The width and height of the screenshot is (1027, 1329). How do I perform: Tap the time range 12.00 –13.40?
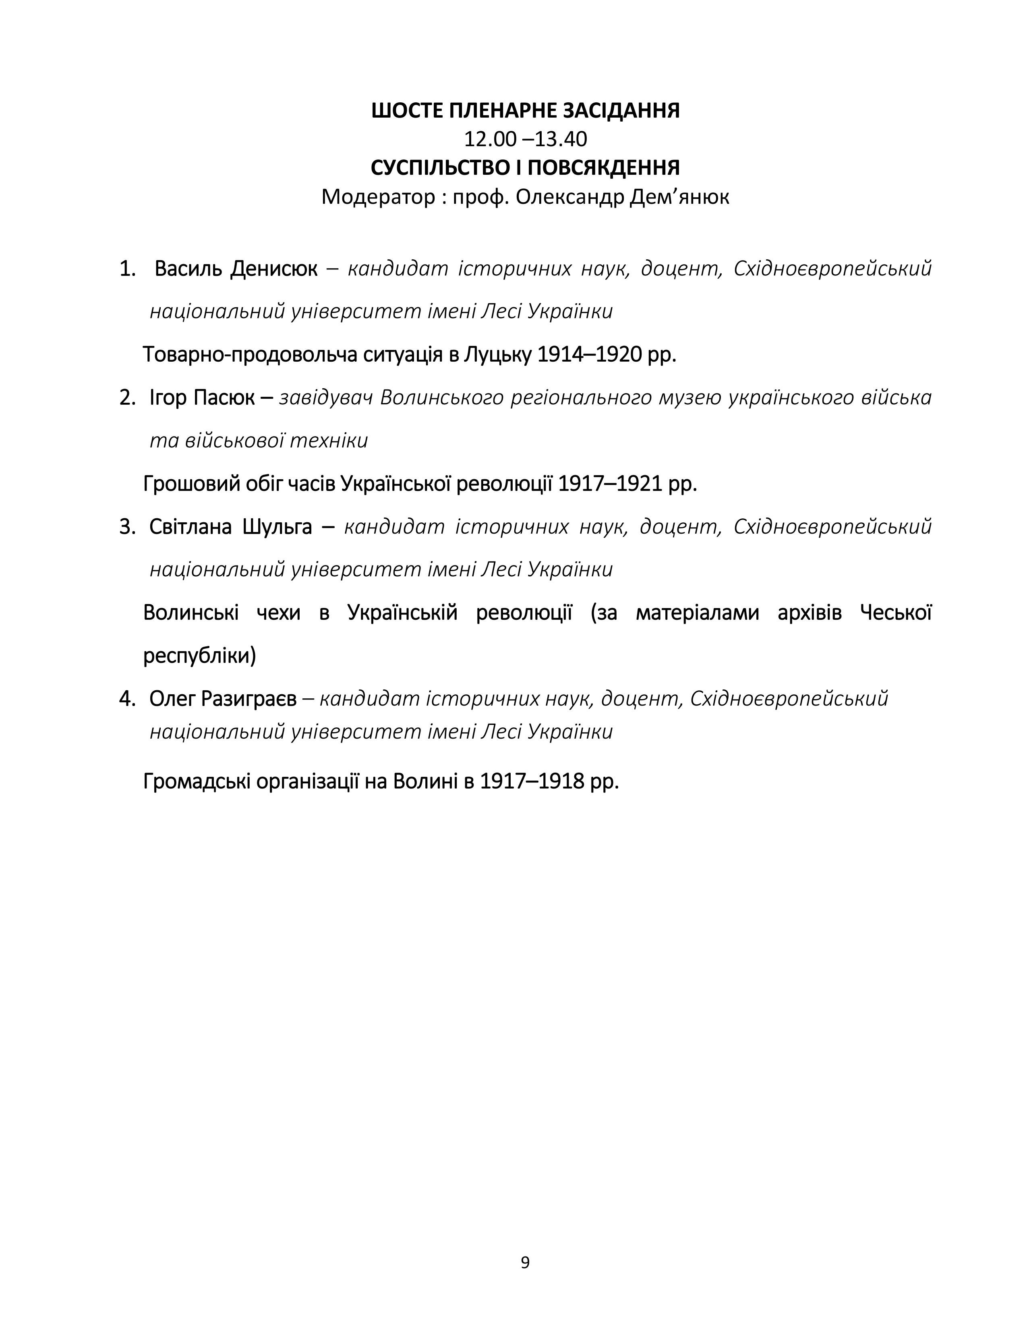coord(525,139)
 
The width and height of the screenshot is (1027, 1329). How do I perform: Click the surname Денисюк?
coord(274,268)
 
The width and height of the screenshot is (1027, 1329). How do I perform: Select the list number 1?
coord(126,268)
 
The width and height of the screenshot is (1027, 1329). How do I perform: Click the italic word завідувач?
coord(325,398)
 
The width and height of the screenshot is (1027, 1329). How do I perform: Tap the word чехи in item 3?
coord(279,613)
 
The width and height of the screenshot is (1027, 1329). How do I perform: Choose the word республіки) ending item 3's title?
coord(199,656)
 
